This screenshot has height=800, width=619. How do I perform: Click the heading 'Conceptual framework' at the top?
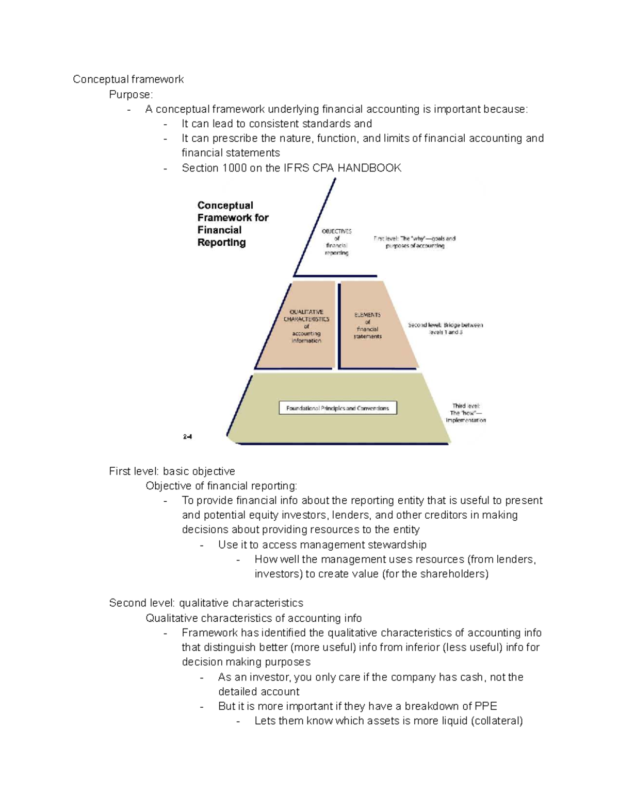pyautogui.click(x=128, y=79)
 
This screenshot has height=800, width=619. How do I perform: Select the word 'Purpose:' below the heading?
pyautogui.click(x=131, y=94)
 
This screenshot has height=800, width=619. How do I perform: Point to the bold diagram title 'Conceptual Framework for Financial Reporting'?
pyautogui.click(x=233, y=224)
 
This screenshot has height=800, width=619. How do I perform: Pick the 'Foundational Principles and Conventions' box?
pyautogui.click(x=338, y=408)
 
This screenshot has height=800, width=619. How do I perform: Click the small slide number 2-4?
pyautogui.click(x=187, y=437)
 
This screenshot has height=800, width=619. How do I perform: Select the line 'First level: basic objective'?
pyautogui.click(x=172, y=471)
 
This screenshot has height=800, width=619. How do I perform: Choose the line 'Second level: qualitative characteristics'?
pyautogui.click(x=206, y=603)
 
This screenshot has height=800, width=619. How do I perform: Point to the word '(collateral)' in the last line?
pyautogui.click(x=497, y=721)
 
